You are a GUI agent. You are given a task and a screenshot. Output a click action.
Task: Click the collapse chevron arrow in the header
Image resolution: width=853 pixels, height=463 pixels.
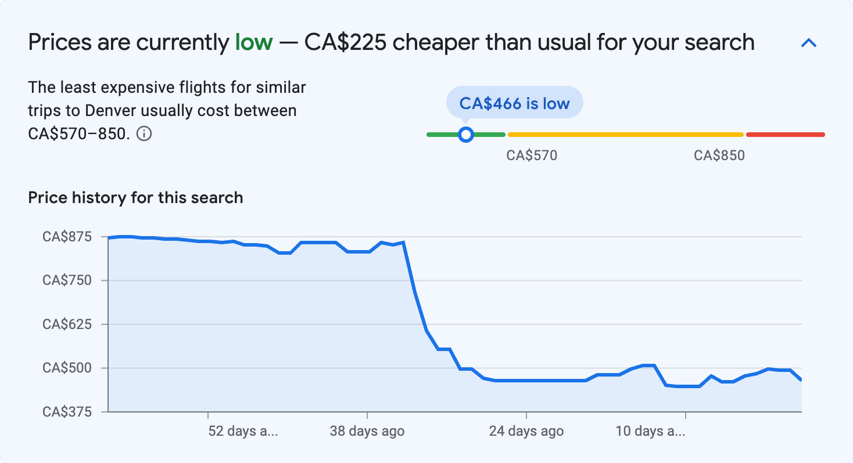[x=809, y=43]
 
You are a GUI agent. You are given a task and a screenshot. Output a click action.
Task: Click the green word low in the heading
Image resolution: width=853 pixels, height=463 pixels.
[x=253, y=42]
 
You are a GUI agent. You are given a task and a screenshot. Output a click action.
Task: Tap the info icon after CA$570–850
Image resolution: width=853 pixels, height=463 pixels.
[x=144, y=134]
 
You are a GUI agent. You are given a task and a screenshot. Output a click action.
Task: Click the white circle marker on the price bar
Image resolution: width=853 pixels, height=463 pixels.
[x=465, y=135]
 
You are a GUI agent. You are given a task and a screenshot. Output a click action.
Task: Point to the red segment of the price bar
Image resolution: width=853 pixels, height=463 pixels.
[x=785, y=135]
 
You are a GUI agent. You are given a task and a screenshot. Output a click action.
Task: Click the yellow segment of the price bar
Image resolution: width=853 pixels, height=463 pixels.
[x=625, y=135]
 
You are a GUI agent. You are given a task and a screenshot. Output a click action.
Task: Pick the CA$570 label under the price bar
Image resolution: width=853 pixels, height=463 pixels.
[x=532, y=155]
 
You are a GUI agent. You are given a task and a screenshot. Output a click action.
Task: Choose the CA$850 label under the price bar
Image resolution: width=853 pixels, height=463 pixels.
[x=719, y=155]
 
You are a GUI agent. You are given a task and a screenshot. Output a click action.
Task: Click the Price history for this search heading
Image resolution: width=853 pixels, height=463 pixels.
[x=135, y=198]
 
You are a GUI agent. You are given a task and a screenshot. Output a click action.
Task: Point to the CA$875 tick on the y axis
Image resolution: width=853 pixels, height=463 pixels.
[x=67, y=237]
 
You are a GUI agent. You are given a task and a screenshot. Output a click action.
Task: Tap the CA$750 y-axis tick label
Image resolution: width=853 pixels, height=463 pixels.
[x=67, y=280]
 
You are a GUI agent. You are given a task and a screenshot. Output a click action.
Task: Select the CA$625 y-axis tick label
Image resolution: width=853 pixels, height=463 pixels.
[x=67, y=324]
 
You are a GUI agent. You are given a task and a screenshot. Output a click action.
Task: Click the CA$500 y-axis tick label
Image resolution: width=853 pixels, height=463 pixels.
[x=67, y=368]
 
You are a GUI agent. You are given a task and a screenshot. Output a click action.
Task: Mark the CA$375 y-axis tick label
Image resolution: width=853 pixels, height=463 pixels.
[x=67, y=411]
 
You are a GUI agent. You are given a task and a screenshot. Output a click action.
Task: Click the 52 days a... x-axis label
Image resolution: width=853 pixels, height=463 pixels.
[x=243, y=431]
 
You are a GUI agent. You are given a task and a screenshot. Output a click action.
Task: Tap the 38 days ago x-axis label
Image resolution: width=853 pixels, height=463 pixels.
[x=367, y=431]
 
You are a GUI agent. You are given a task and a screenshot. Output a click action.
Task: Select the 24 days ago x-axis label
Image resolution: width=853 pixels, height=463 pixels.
[x=526, y=431]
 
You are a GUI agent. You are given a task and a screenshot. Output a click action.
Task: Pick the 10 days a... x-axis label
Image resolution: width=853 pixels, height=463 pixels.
[x=650, y=431]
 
